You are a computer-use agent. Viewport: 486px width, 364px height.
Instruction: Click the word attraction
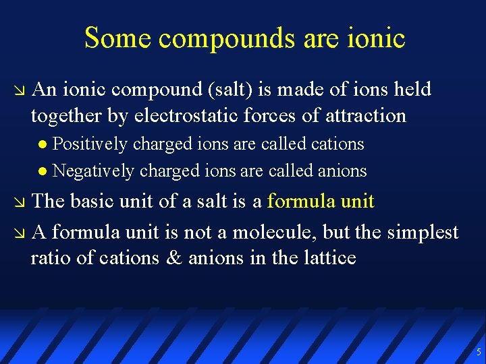[365, 116]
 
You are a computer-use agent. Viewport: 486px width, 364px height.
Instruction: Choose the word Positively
[90, 144]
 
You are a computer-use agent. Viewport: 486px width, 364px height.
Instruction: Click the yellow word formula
[301, 202]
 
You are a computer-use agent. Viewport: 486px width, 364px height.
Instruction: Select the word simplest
[423, 233]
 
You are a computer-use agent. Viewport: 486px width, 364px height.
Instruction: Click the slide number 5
[479, 352]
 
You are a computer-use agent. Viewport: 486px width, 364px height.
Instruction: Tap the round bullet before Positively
[43, 145]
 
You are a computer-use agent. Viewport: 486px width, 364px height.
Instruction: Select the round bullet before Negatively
[43, 172]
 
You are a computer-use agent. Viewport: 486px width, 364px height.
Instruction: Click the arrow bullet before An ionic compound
[18, 90]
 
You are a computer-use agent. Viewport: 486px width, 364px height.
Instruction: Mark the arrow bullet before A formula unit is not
[18, 233]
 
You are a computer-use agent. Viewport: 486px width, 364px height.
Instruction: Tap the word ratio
[49, 258]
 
